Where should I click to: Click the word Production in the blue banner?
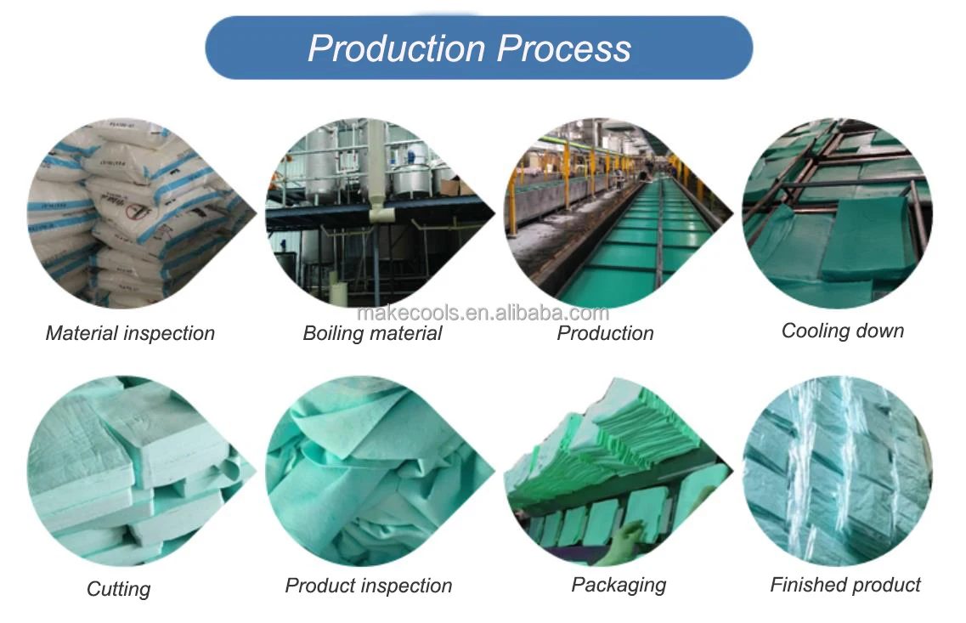(x=397, y=48)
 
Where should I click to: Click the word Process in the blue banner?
(x=563, y=48)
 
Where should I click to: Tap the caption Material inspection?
(x=130, y=333)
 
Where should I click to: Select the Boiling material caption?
(x=372, y=333)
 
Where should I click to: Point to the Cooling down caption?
(x=842, y=331)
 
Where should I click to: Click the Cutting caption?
(x=118, y=589)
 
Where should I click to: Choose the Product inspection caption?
(x=369, y=586)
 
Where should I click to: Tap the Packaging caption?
(x=619, y=585)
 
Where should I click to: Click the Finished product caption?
(x=845, y=584)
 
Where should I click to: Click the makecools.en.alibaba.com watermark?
(x=483, y=313)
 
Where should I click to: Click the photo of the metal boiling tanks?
(x=379, y=213)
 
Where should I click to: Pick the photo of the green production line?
(x=618, y=213)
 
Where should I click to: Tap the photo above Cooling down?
(x=837, y=213)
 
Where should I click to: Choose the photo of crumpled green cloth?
(x=379, y=471)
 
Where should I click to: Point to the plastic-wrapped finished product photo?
(x=837, y=471)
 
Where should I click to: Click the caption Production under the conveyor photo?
(x=605, y=333)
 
